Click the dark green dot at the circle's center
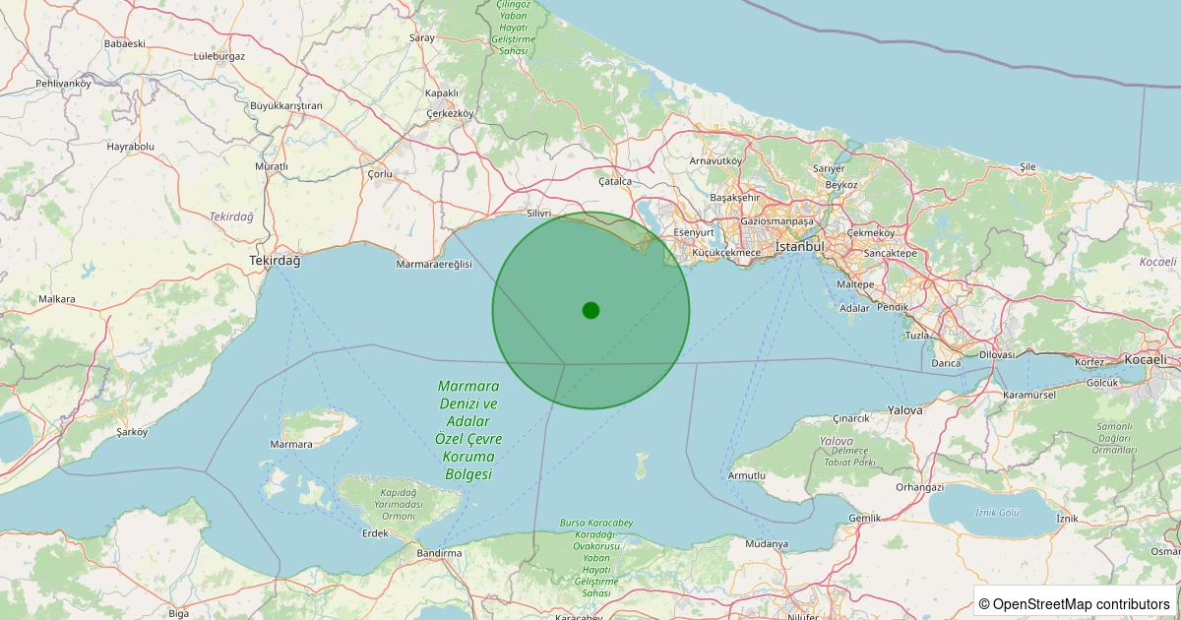[x=590, y=310]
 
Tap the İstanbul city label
[x=798, y=246]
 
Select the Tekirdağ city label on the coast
[x=275, y=260]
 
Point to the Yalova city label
[x=904, y=409]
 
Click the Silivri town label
[x=539, y=213]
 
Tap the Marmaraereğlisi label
[x=434, y=265]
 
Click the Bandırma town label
[x=439, y=553]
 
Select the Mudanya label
[x=767, y=543]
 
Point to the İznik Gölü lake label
[x=996, y=512]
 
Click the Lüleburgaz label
[x=219, y=56]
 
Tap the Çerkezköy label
[x=450, y=113]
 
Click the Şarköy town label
[x=132, y=432]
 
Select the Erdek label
[x=375, y=533]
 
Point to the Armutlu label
[x=747, y=475]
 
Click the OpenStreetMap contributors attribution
[x=1075, y=603]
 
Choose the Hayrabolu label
[x=131, y=147]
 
